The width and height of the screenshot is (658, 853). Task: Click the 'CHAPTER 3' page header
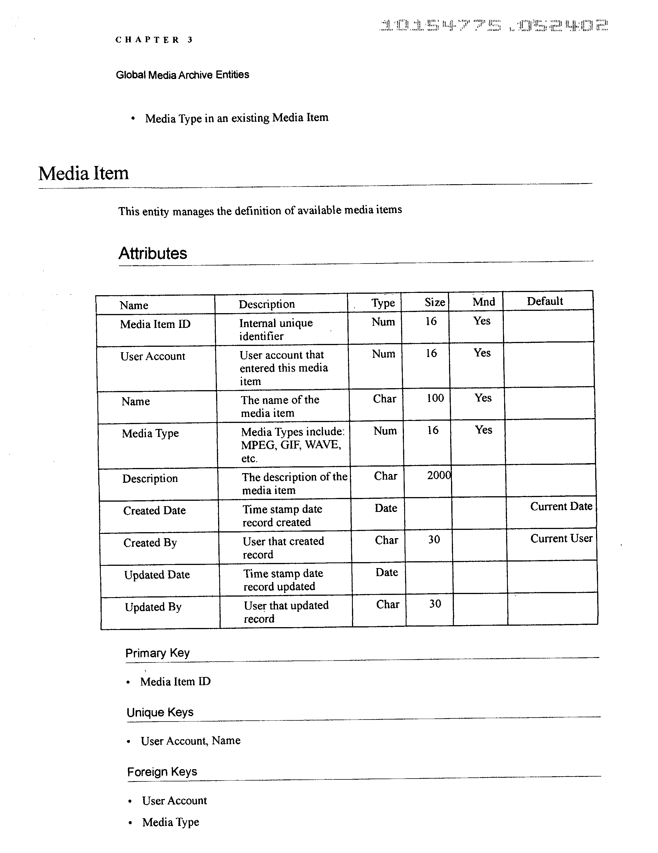(x=154, y=40)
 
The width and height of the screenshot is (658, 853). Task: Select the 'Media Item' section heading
(x=83, y=173)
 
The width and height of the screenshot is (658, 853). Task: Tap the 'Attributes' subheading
(x=153, y=254)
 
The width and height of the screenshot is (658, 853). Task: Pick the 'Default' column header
(x=545, y=301)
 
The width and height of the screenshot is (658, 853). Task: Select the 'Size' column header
(x=435, y=302)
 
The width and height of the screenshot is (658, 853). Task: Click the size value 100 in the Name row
(x=435, y=398)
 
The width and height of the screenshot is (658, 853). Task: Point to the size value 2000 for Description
(x=439, y=475)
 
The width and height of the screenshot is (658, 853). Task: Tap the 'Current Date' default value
(x=561, y=506)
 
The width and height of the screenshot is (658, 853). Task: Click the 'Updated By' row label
(x=153, y=607)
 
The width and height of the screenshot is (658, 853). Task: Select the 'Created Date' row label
(x=154, y=510)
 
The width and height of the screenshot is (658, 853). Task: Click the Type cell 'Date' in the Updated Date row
(x=387, y=573)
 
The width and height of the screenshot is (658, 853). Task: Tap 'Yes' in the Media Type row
(x=484, y=430)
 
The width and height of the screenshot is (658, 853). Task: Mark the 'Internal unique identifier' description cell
(x=276, y=329)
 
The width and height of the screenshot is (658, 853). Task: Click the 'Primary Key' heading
(x=158, y=653)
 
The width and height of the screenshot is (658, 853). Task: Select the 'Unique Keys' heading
(x=160, y=712)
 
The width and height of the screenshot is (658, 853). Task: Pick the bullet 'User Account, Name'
(x=190, y=741)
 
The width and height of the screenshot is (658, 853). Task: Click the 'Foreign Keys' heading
(x=162, y=772)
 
